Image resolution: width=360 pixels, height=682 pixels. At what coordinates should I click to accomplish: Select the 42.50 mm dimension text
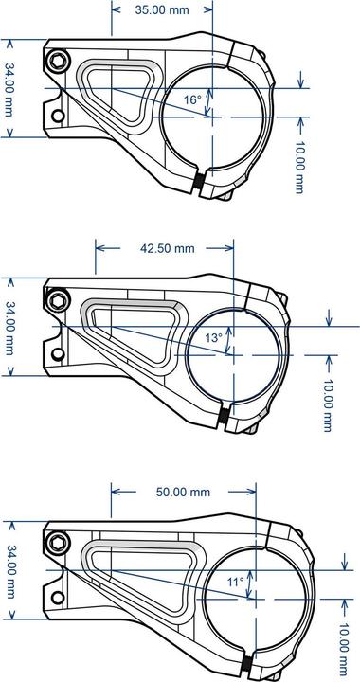click(x=167, y=248)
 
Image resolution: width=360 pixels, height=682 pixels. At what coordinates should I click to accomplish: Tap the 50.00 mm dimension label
click(x=183, y=493)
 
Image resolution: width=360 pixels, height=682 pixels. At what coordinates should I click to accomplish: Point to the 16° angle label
click(x=192, y=99)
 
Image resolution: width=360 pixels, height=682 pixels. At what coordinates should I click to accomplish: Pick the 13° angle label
click(x=214, y=337)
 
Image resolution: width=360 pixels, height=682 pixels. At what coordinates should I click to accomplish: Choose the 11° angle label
click(x=235, y=581)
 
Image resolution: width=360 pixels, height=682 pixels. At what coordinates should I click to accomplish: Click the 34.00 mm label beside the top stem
click(x=9, y=91)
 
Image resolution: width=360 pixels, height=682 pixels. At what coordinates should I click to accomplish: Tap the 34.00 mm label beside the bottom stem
click(x=9, y=572)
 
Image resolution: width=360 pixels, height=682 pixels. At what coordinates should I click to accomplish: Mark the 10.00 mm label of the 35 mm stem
click(x=299, y=169)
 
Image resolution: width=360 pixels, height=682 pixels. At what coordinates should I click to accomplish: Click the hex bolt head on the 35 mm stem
click(x=59, y=62)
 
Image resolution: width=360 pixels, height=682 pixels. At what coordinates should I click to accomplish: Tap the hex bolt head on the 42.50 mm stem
click(x=59, y=300)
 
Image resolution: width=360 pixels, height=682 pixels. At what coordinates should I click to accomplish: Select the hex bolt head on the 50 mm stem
click(x=59, y=544)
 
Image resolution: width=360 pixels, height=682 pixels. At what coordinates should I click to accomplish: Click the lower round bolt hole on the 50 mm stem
click(x=59, y=598)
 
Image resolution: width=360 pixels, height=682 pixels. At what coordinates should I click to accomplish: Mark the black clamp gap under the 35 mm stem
click(x=200, y=182)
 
